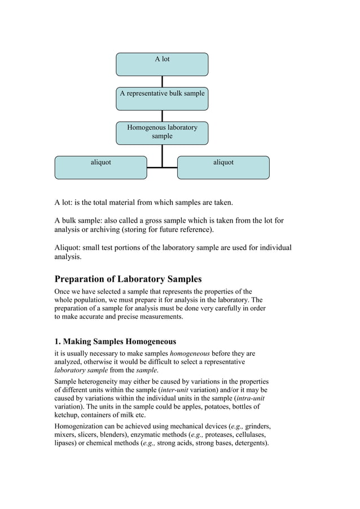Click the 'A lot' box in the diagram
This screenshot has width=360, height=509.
162,64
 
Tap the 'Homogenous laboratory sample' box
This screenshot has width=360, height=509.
162,133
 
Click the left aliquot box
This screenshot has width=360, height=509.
100,168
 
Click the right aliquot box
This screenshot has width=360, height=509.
223,168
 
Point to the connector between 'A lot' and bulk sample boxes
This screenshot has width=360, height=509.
162,81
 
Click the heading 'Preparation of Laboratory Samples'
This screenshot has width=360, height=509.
128,279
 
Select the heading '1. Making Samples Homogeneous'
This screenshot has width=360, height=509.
115,341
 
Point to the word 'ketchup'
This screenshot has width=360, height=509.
68,415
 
